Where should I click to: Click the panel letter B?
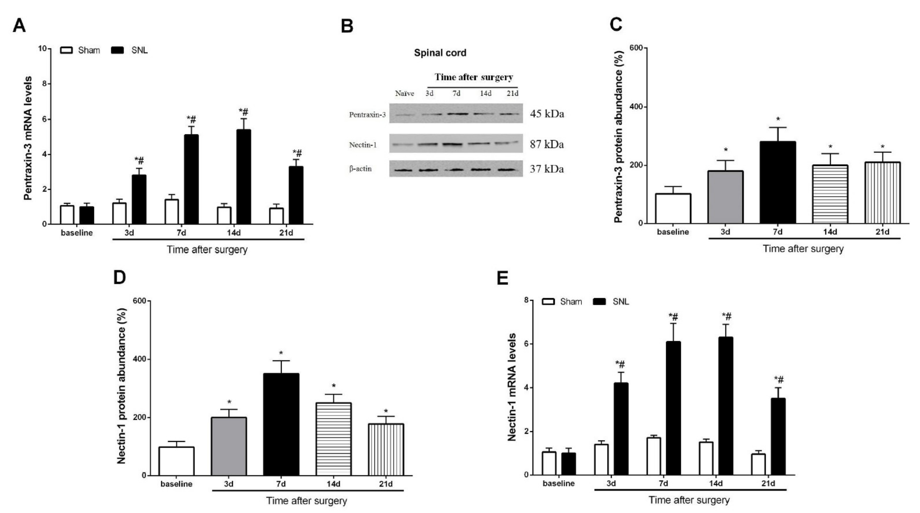[x=347, y=26]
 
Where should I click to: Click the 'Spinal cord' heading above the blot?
[x=440, y=53]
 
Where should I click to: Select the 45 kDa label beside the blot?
[x=546, y=114]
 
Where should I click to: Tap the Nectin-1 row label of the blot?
[x=363, y=145]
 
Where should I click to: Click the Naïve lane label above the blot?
[x=404, y=94]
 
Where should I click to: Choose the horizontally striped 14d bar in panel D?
[x=333, y=439]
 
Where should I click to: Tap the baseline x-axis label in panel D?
[x=176, y=484]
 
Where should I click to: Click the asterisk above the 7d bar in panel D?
[x=281, y=353]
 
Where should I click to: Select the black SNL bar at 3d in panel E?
[x=621, y=428]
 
